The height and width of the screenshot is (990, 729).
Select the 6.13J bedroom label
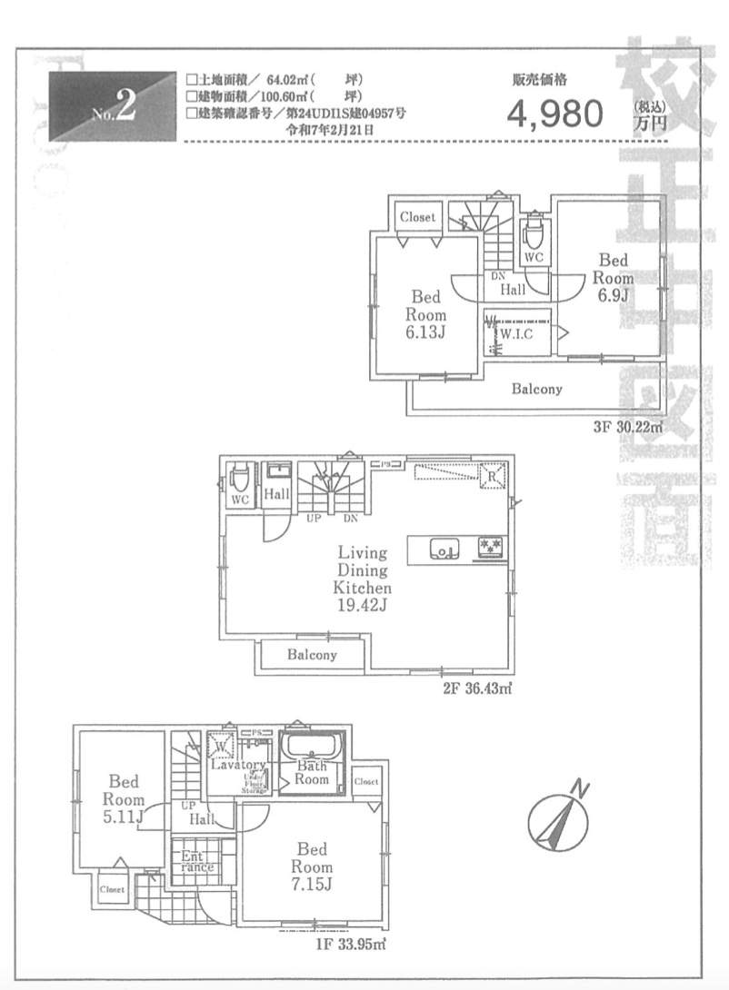(x=425, y=332)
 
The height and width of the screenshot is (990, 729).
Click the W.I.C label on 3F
(x=515, y=334)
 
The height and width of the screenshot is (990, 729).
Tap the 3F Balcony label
(x=536, y=390)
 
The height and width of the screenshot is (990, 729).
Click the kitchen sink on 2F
(x=443, y=549)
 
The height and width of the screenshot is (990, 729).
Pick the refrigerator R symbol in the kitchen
(x=492, y=475)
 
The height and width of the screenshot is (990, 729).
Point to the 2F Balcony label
(x=312, y=655)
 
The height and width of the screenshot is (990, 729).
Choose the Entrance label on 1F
(x=195, y=861)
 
